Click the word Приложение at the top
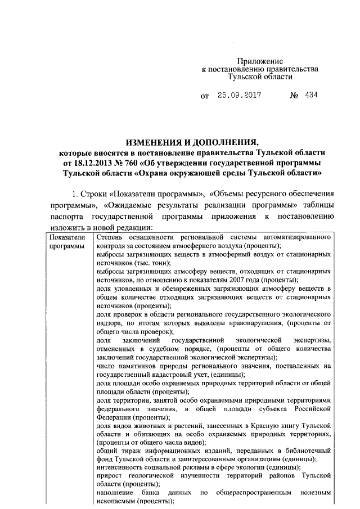pos(259,61)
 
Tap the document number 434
pos(311,96)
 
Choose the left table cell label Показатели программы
pos(66,242)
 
